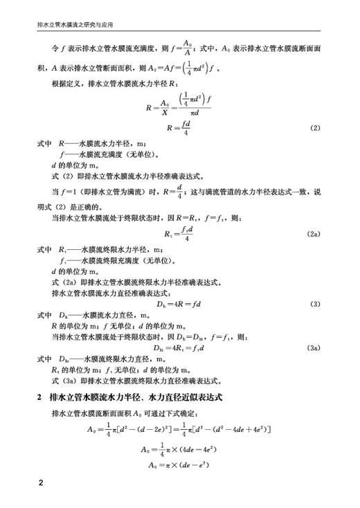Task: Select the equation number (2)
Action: pyautogui.click(x=315, y=129)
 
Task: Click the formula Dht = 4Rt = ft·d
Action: pyautogui.click(x=179, y=347)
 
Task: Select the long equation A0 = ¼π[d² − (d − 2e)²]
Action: pyautogui.click(x=180, y=429)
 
